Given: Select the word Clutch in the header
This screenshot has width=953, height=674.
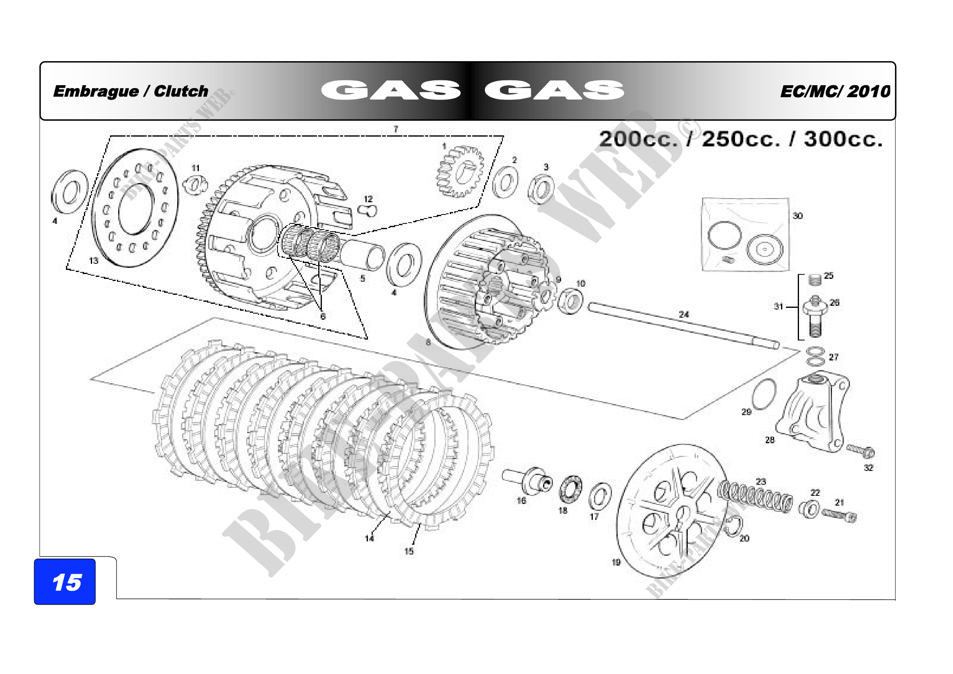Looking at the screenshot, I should (181, 91).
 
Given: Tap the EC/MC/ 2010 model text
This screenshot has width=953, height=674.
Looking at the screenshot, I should (835, 91).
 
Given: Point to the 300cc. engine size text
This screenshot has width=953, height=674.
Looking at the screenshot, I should (843, 139).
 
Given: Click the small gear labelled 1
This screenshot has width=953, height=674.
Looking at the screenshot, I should (460, 171).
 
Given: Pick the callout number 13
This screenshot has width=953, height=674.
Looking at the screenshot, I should (94, 261).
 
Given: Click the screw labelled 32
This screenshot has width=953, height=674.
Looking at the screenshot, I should (861, 450).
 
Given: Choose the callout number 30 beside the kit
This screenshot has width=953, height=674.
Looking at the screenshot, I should (797, 216).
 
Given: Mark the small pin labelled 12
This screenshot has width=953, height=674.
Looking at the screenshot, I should (367, 210).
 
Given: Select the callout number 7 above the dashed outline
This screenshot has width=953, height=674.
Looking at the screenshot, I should (396, 129).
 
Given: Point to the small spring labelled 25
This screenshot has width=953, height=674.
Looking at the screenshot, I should (815, 280).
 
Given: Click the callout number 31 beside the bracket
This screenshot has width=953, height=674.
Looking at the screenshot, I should (778, 307).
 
